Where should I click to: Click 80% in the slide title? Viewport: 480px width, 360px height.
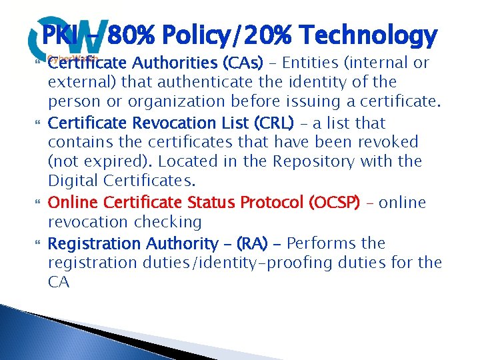(135, 35)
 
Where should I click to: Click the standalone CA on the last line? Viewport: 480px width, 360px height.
(59, 282)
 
